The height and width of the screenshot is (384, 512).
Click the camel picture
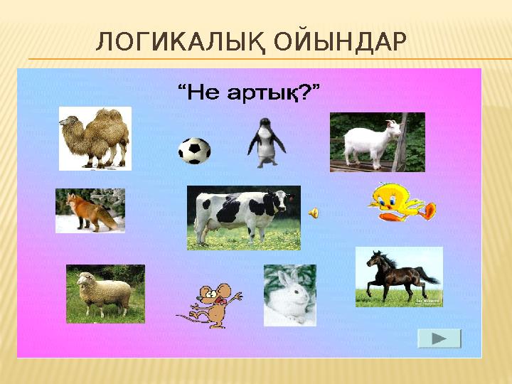point(95,138)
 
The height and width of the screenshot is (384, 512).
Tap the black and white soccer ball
point(193,150)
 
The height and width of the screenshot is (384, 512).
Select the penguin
point(266,143)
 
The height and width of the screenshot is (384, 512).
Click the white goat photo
point(377,142)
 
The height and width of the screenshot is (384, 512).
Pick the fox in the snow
point(90,210)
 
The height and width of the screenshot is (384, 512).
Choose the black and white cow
point(243,217)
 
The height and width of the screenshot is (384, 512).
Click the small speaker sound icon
point(314,212)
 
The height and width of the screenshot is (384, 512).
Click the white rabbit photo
point(289,296)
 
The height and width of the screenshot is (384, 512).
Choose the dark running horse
point(399,277)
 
